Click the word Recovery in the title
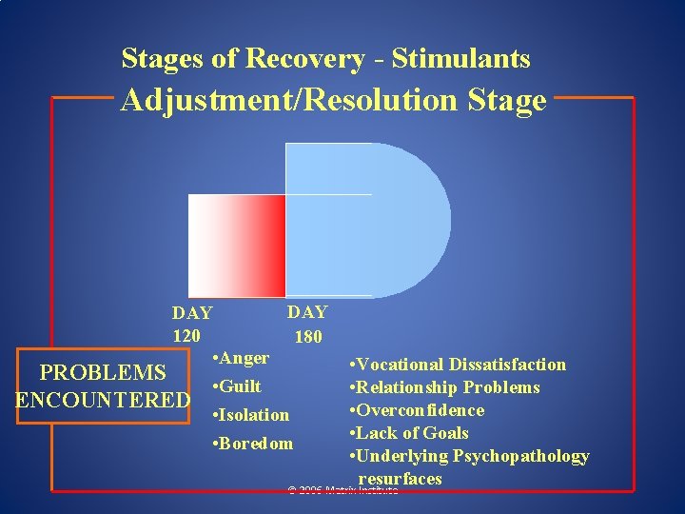tap(303, 59)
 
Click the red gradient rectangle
tap(237, 246)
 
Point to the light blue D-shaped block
tap(366, 220)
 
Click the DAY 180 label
tap(307, 324)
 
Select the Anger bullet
tap(243, 358)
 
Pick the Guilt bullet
tap(239, 386)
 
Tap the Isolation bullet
tap(252, 415)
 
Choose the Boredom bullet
tap(255, 444)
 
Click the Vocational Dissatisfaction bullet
tap(460, 365)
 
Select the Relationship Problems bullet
tap(448, 387)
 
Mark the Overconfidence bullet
tap(420, 410)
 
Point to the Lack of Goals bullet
tap(412, 433)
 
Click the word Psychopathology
tap(525, 456)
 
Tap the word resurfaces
tap(400, 478)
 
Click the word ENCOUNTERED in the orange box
tap(103, 400)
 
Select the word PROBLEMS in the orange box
tap(103, 372)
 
